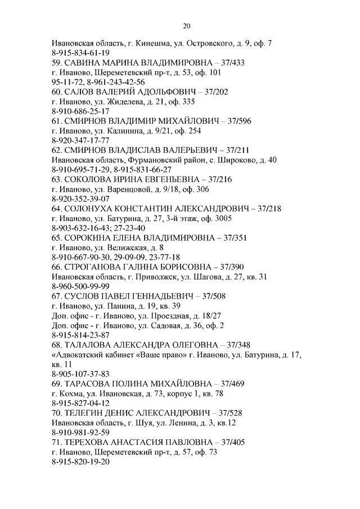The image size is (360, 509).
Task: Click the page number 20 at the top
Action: pyautogui.click(x=187, y=26)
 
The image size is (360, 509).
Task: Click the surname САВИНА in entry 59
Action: pyautogui.click(x=84, y=62)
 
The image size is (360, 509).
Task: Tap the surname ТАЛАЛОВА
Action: pyautogui.click(x=91, y=345)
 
